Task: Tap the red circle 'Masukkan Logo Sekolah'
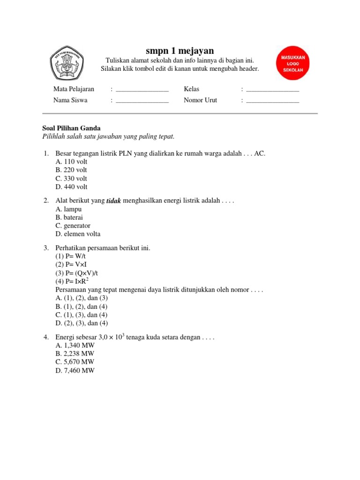click(x=293, y=63)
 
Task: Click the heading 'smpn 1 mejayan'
click(x=180, y=51)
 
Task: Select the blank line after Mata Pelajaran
click(x=142, y=90)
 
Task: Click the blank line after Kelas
click(x=272, y=90)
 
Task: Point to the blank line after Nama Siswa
click(x=142, y=100)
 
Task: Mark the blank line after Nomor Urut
click(x=272, y=100)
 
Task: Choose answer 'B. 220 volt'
click(x=71, y=170)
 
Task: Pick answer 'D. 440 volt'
click(x=71, y=187)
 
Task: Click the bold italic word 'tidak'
click(x=114, y=201)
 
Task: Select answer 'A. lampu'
click(x=68, y=209)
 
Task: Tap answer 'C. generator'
click(x=73, y=226)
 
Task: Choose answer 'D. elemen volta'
click(x=78, y=234)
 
